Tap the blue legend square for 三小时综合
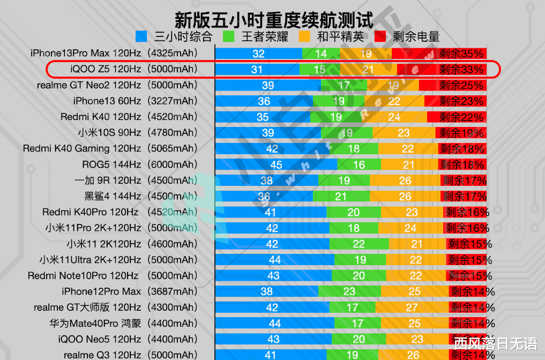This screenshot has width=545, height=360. point(141,36)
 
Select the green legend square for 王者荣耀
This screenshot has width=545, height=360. point(230,36)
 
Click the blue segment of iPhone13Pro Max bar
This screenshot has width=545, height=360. point(258,54)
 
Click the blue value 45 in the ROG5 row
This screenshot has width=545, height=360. point(277,165)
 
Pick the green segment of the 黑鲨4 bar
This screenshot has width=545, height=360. point(341,197)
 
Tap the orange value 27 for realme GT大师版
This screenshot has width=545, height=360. point(412,307)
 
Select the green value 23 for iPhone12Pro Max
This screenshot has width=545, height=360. point(349,292)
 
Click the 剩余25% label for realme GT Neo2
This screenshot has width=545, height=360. point(461,86)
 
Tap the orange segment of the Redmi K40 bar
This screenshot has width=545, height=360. point(393,117)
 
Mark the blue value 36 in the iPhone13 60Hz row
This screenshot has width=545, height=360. point(264,101)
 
